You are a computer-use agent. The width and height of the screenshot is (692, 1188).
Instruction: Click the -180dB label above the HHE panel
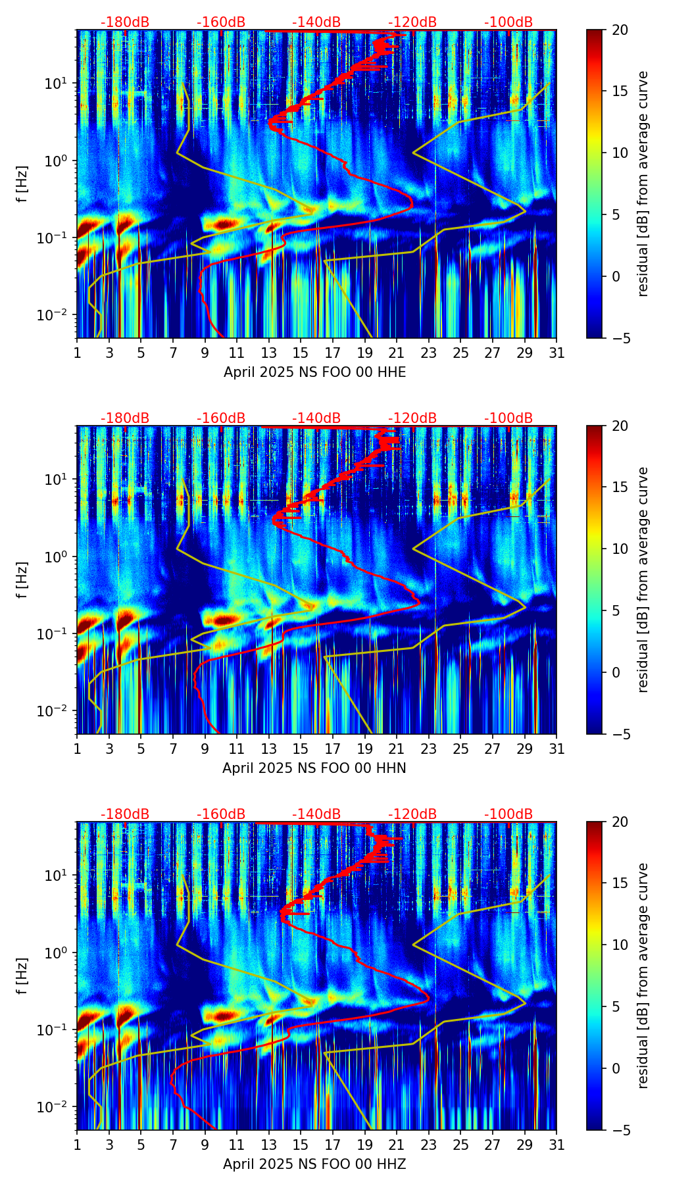coord(125,22)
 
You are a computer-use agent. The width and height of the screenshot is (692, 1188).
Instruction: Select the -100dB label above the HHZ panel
coord(508,814)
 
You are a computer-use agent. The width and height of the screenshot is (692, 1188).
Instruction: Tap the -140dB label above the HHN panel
coord(316,418)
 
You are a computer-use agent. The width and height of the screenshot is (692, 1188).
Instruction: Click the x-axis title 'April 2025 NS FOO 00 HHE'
coord(314,372)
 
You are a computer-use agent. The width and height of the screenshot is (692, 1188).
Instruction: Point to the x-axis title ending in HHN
coord(314,768)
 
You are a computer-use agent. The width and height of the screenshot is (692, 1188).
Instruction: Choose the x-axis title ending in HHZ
coord(314,1164)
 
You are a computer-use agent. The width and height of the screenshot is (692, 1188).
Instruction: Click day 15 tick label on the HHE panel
coord(300,353)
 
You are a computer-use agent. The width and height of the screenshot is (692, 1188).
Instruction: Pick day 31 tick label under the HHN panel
coord(556,749)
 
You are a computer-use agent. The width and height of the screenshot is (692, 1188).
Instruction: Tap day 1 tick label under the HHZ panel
coord(77,1145)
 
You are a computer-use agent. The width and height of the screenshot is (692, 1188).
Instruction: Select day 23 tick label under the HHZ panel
coord(428,1145)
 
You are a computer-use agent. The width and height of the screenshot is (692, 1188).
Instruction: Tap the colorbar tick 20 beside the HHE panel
coord(619,30)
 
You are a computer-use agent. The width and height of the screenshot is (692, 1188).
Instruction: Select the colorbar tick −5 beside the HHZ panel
coord(619,1130)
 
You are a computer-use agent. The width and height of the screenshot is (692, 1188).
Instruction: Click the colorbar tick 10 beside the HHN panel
coord(619,549)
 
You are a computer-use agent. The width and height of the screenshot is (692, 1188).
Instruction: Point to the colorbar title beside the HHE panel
coord(643,184)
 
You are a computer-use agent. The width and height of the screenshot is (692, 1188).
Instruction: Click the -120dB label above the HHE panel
coord(412,22)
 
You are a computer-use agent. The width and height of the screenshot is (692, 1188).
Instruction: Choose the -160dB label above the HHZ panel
coord(221,814)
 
